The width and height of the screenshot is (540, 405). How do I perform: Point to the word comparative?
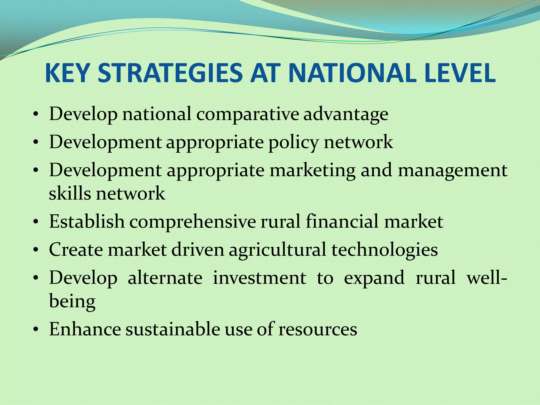(x=247, y=114)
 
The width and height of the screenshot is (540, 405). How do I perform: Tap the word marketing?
(x=312, y=171)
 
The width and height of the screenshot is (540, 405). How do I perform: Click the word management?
(x=452, y=171)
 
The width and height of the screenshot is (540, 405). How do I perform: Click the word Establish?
(x=87, y=221)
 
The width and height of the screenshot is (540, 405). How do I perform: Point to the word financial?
(x=342, y=221)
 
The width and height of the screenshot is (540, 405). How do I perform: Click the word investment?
(x=259, y=278)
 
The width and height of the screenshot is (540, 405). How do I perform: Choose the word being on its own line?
(x=72, y=301)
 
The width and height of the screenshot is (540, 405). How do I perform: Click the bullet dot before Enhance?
(x=36, y=330)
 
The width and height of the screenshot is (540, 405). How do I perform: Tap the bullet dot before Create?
(x=36, y=250)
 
